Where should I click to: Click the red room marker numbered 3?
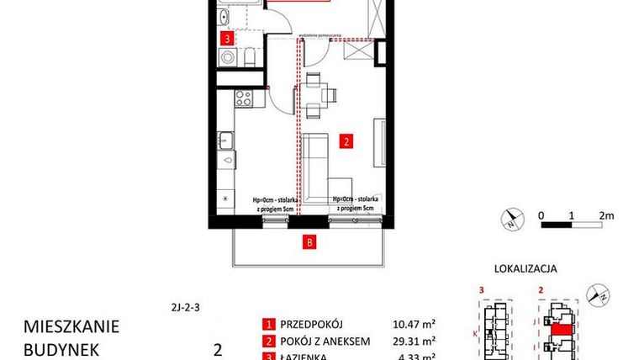point(225,39)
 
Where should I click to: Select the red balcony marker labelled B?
point(310,244)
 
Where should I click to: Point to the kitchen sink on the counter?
point(226,139)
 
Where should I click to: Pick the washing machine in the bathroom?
point(227,57)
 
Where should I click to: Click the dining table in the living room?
point(315,93)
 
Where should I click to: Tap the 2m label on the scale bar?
point(607,214)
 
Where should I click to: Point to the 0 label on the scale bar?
point(542,214)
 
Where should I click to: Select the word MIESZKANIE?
point(71,326)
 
